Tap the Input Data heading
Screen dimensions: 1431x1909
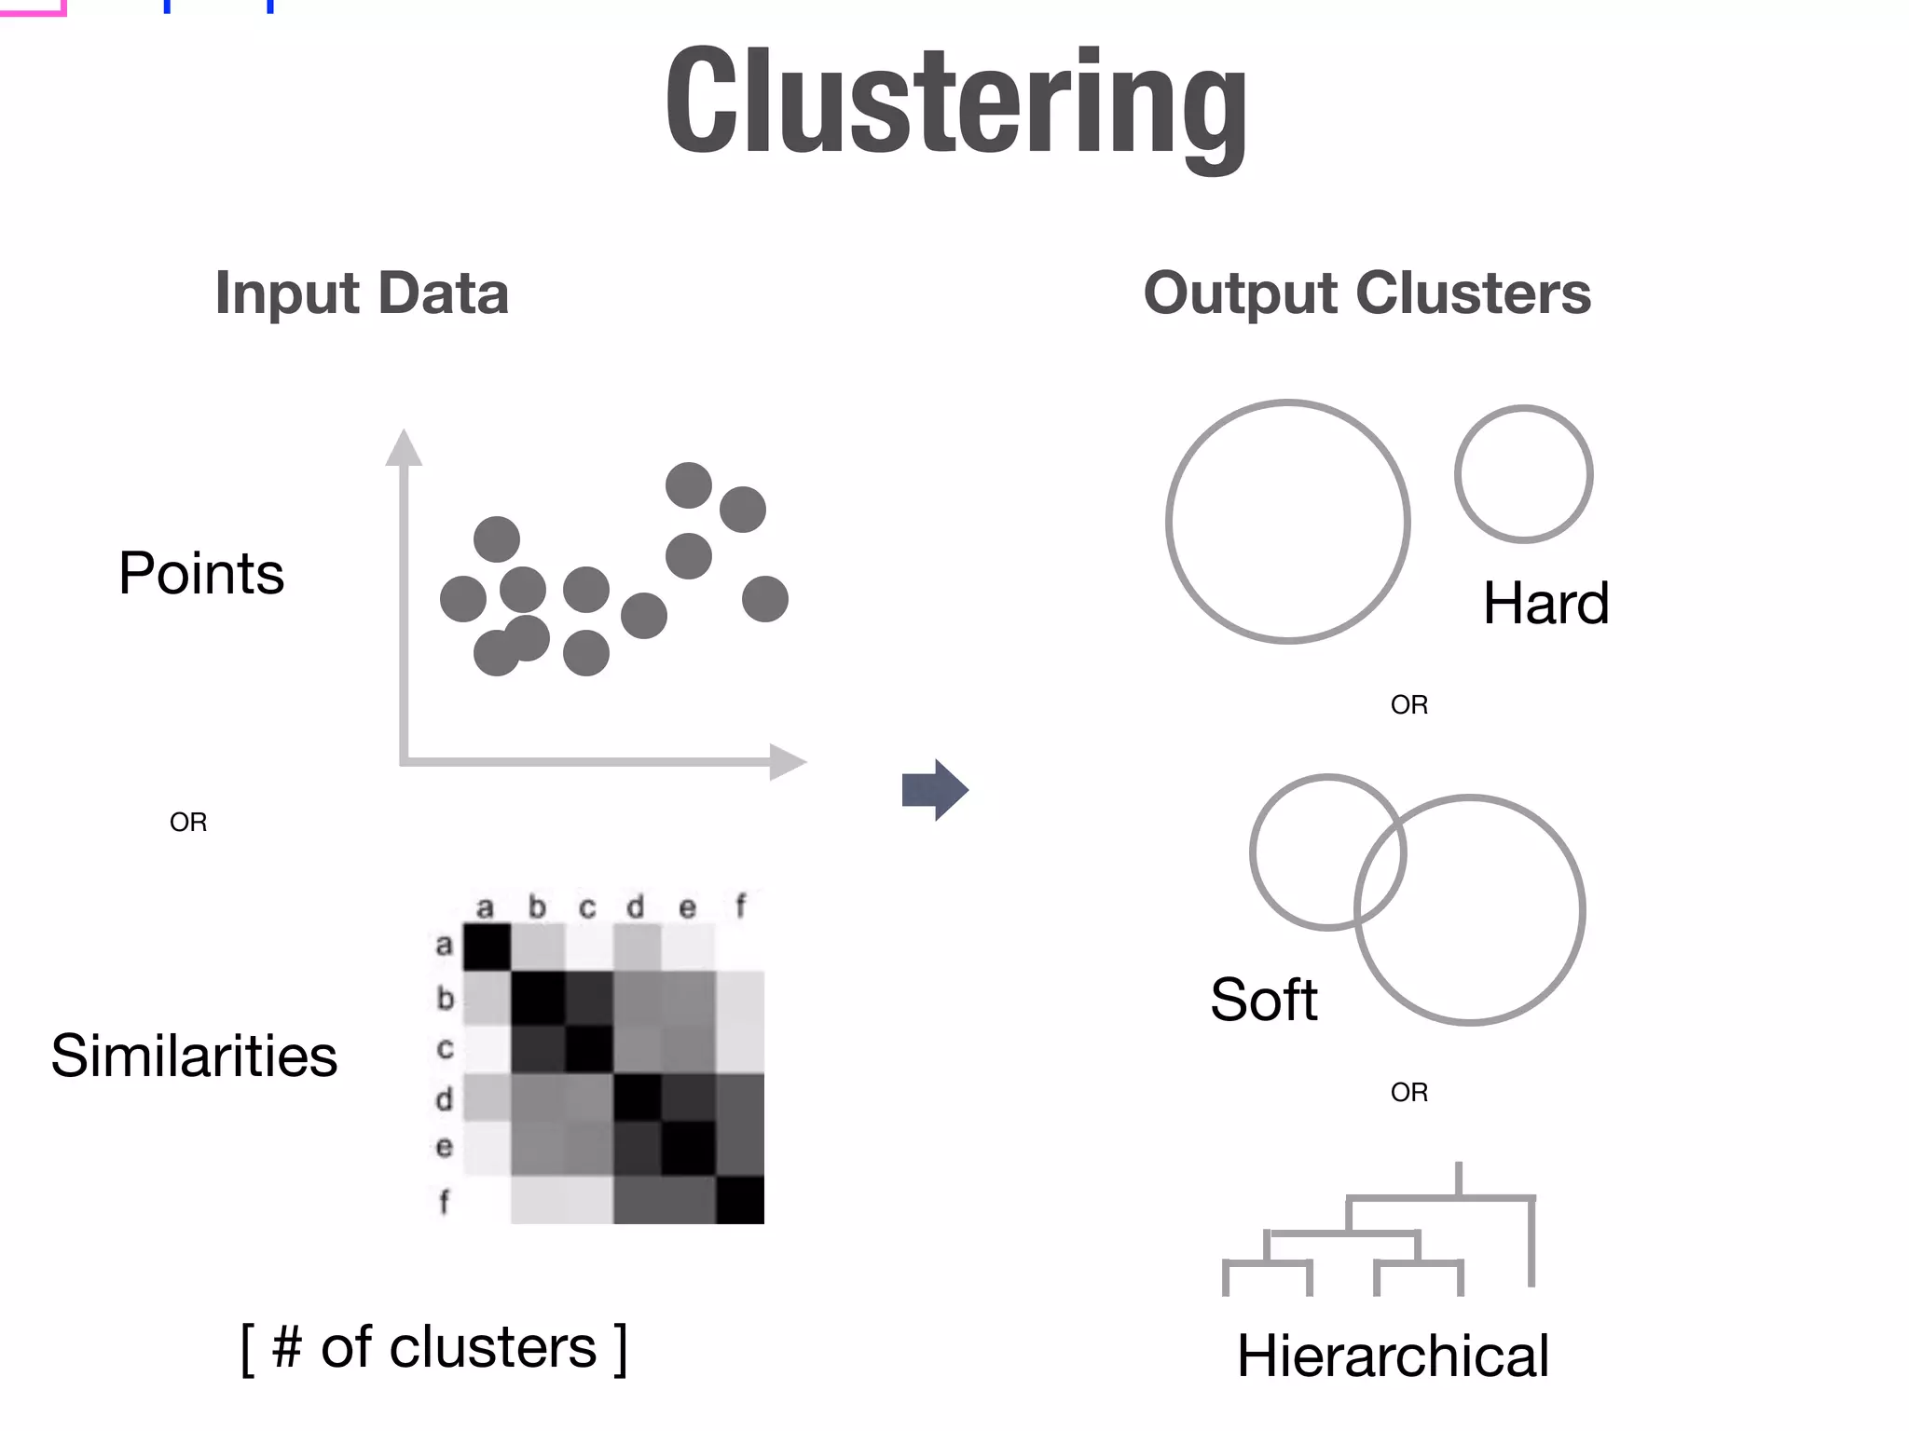[362, 293]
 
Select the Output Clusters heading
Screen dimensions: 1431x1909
[1367, 293]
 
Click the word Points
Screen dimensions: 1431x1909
[201, 573]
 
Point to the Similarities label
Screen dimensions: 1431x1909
[194, 1056]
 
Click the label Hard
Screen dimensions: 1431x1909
[1545, 603]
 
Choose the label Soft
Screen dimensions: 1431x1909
[1263, 1000]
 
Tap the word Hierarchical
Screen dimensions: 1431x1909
[1393, 1356]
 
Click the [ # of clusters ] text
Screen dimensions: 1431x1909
[434, 1347]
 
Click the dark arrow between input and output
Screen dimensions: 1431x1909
[935, 790]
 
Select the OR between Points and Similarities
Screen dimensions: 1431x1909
[188, 822]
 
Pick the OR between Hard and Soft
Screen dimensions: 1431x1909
[1408, 704]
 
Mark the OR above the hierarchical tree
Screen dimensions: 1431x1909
[1408, 1092]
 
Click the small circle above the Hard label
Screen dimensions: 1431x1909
[1523, 474]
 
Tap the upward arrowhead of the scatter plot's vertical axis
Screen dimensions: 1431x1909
[404, 448]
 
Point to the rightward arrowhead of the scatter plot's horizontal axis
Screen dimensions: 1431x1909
[787, 762]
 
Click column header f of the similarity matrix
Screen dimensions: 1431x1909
[740, 906]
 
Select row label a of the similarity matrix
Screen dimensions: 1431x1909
[445, 946]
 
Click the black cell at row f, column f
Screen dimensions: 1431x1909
[740, 1200]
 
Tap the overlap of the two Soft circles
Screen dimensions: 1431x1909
[1380, 867]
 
